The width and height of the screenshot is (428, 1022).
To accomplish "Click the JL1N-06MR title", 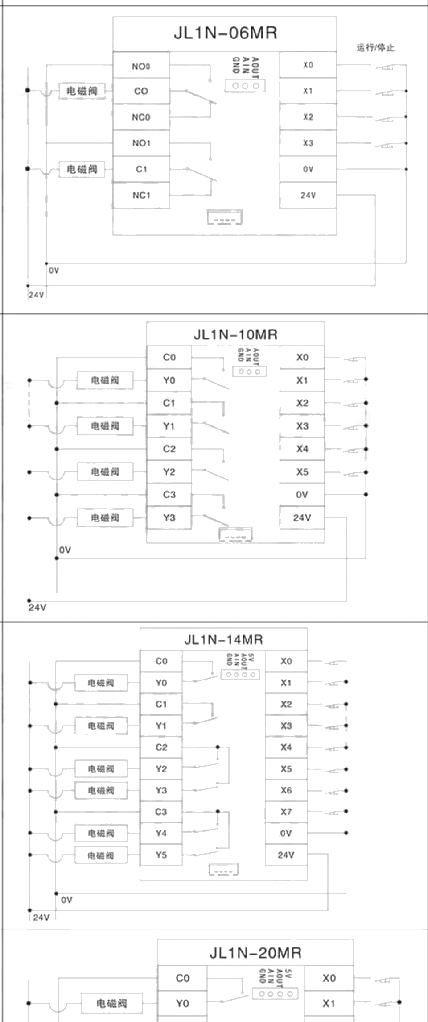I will pos(225,33).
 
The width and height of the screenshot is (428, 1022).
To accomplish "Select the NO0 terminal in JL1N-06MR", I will pos(141,67).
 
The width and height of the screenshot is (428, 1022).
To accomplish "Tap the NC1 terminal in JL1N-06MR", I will pos(141,195).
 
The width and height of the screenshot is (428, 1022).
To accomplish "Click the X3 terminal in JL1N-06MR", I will pos(308,143).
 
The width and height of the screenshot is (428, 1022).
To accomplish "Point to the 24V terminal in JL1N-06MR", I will pos(308,195).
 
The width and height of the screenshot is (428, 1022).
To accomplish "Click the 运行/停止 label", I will pos(375,48).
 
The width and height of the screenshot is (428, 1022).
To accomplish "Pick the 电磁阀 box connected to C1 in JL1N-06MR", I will pos(82,169).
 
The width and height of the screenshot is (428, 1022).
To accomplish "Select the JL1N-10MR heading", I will pos(235,334).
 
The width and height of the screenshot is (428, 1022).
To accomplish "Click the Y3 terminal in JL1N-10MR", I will pos(169,518).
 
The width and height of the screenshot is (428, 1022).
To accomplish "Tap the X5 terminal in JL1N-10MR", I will pos(302,472).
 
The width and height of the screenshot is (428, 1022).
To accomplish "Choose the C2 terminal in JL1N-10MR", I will pos(169,449).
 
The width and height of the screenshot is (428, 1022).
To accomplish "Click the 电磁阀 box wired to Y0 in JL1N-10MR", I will pos(105,380).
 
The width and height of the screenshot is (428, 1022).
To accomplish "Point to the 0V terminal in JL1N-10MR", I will pos(302,495).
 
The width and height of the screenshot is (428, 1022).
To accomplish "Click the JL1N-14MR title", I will pos(223,640).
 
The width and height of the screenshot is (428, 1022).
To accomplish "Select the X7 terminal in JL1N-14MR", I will pos(286,812).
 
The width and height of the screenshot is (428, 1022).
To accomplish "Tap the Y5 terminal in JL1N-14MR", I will pos(161,855).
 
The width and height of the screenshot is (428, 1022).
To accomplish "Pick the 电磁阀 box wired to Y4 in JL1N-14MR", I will pos(101,833).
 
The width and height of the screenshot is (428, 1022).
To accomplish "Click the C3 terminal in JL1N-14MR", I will pos(161,812).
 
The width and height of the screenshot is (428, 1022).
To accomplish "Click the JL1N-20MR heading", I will pos(255,953).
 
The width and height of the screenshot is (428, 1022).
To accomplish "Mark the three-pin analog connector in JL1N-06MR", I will pos(245,86).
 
